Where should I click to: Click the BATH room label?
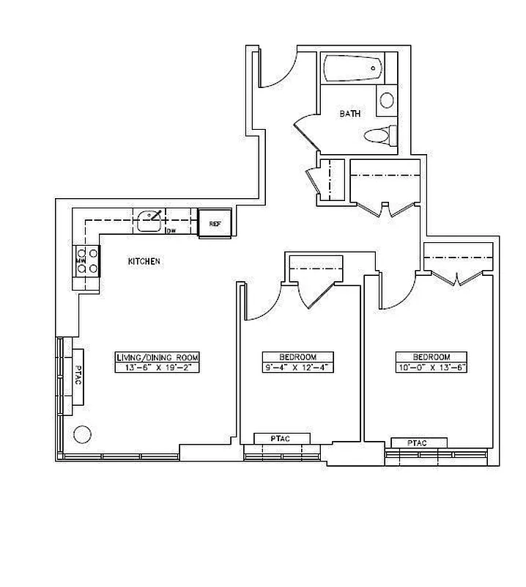349,114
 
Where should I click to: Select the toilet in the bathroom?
379,135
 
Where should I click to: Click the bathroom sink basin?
387,100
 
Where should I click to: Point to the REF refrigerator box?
215,223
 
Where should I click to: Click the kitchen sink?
150,219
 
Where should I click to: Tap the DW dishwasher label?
171,231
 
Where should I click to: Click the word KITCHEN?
144,261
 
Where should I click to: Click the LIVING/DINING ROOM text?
157,357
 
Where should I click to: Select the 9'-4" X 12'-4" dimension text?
298,366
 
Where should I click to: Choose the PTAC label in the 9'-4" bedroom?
281,438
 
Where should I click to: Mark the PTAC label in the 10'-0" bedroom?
418,442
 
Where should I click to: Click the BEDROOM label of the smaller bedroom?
298,357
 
